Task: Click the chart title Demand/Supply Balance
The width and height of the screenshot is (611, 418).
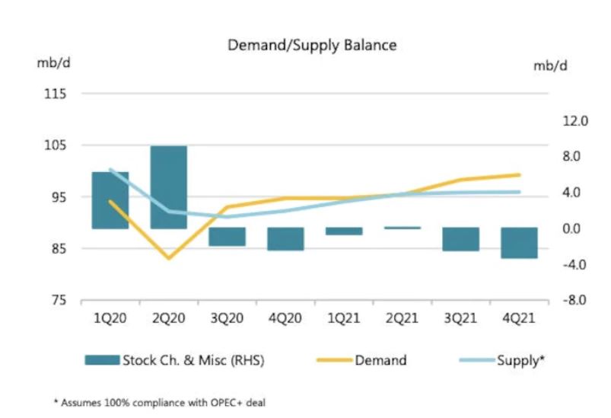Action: point(312,45)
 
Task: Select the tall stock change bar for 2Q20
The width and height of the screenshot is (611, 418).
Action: point(168,187)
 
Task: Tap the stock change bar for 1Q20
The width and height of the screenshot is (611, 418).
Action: point(110,199)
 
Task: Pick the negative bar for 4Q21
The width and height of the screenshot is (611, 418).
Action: point(519,242)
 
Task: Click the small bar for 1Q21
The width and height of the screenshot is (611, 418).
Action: point(344,231)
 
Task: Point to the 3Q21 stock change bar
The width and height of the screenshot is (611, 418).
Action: point(461,238)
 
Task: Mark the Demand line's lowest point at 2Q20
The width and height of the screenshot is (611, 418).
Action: point(168,258)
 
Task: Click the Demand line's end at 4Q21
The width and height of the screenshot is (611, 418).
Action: point(519,175)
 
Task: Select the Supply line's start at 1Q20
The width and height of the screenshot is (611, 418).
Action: point(110,169)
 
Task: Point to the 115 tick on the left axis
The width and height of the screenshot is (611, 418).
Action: point(57,94)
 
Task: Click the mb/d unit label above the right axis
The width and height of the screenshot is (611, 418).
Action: point(550,65)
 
